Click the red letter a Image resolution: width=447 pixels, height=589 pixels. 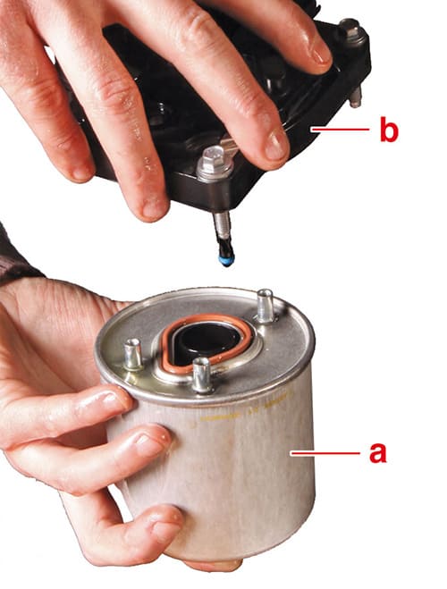[377, 452]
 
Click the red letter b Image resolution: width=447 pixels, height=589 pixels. [388, 129]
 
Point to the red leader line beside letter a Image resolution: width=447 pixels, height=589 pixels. [325, 453]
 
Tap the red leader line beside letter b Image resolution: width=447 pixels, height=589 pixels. [340, 130]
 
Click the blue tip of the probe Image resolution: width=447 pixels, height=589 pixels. [226, 261]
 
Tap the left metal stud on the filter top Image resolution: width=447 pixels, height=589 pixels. [133, 354]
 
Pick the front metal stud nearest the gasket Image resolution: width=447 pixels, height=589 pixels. [202, 374]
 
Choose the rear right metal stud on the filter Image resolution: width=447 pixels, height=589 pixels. [266, 305]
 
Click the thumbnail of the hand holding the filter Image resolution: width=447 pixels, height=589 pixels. [106, 400]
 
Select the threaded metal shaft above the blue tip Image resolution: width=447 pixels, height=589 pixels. [221, 229]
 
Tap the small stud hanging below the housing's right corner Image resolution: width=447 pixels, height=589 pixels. [356, 97]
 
